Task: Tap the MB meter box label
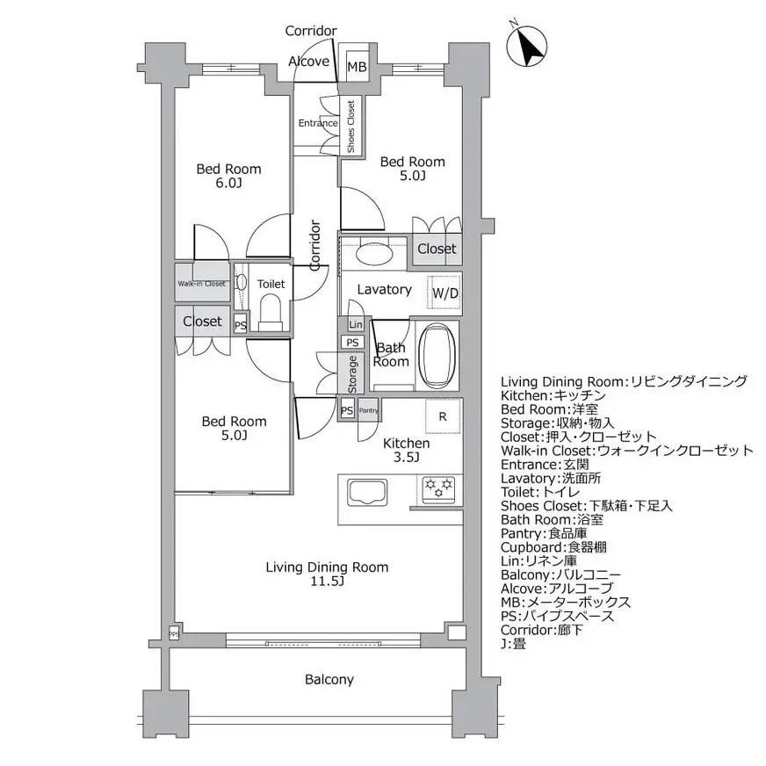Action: pyautogui.click(x=356, y=66)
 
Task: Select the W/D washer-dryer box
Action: pyautogui.click(x=444, y=293)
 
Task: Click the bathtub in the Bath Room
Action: pyautogui.click(x=437, y=355)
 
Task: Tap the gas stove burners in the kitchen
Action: pyautogui.click(x=437, y=488)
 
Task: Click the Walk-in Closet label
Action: pyautogui.click(x=202, y=284)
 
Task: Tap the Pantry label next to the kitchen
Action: pyautogui.click(x=368, y=410)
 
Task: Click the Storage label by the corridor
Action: pyautogui.click(x=352, y=373)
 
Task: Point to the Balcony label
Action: pyautogui.click(x=329, y=679)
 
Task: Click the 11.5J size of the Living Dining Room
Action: pyautogui.click(x=327, y=582)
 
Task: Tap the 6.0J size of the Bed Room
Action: pyautogui.click(x=228, y=184)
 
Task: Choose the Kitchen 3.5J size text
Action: pyautogui.click(x=405, y=458)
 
